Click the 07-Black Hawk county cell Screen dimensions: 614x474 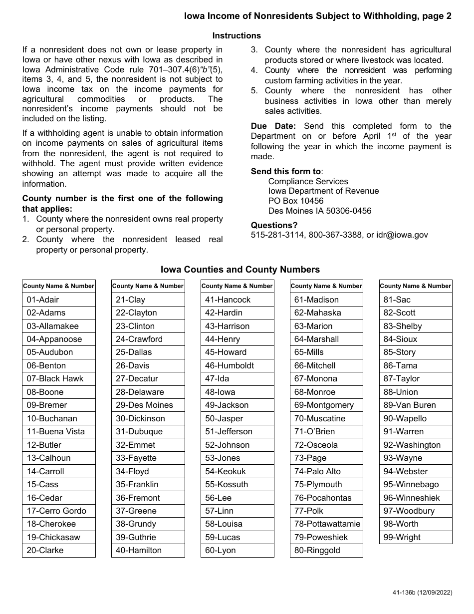(58, 379)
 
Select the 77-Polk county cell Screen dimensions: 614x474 (326, 511)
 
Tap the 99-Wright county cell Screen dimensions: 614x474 (416, 537)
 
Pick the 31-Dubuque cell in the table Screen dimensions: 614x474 (148, 432)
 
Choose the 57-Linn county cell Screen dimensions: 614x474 (237, 511)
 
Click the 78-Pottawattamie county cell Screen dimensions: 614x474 (326, 524)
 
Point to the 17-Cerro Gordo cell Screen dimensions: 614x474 (58, 511)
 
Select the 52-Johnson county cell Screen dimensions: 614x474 (237, 445)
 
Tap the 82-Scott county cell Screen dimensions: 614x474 (416, 313)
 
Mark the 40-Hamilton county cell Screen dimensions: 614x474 (148, 551)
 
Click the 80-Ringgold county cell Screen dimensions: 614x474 (326, 551)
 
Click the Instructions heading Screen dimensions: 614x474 (237, 35)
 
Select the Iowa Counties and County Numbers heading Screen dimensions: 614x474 (240, 270)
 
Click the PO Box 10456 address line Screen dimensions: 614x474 (295, 201)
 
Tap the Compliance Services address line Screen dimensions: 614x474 (308, 181)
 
